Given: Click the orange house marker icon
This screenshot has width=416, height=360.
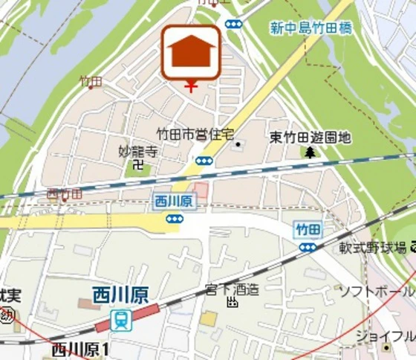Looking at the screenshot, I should pos(191,51).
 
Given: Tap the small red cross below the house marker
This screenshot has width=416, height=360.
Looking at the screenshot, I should pos(191,87).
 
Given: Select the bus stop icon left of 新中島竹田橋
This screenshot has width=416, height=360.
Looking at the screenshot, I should pos(233,24).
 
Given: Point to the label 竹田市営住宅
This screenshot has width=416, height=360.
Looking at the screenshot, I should pos(195,134).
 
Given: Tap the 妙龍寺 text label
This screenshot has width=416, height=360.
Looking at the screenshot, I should pos(138,151).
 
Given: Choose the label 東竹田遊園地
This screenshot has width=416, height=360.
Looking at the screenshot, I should pos(310,138).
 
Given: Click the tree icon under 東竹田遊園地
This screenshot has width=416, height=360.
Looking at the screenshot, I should pos(310,152).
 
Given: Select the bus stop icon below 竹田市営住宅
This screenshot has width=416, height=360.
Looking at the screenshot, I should pos(204,161).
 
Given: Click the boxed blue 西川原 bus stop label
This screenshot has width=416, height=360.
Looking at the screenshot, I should pos(174,201).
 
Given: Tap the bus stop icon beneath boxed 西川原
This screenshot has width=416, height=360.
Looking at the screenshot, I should pos(174,218).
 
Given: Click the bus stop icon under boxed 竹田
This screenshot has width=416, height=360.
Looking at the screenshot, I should pos(307,246).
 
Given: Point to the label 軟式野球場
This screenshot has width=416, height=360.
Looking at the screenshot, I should pos(373,246).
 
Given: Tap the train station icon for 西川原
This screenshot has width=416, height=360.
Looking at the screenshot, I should pos(120,320).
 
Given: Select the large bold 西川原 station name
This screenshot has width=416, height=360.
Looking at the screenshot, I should pos(120,295).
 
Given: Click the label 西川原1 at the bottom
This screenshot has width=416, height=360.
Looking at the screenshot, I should pos(80,350).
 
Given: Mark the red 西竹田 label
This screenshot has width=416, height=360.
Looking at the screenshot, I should pos(64,194).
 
